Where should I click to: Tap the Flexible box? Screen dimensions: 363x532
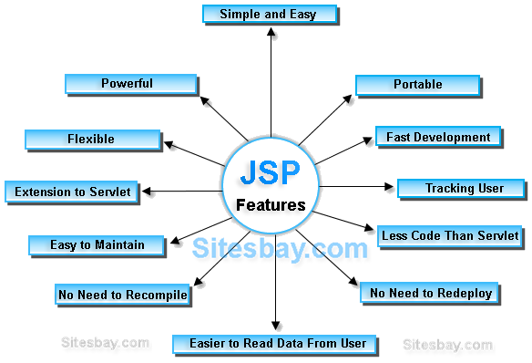click(x=91, y=140)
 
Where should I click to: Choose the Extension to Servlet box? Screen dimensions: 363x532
click(x=71, y=192)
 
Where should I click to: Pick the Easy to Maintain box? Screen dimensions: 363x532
click(x=96, y=244)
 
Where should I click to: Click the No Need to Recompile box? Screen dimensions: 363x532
click(x=122, y=295)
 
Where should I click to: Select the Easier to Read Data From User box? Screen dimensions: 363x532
click(x=271, y=344)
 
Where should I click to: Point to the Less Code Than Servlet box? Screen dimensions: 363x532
click(x=449, y=235)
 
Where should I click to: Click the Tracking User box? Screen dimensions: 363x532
click(x=462, y=189)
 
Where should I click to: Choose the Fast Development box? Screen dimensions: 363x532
click(x=437, y=138)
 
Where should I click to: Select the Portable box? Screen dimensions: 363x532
click(x=416, y=85)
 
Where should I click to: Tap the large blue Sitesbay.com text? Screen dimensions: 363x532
click(x=280, y=247)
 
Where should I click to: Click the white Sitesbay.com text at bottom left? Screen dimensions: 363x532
click(x=105, y=343)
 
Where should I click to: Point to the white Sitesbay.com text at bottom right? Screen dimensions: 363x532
click(x=447, y=345)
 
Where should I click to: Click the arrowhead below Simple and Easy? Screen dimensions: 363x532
click(x=271, y=36)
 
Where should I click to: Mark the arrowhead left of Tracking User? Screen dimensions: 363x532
click(x=390, y=189)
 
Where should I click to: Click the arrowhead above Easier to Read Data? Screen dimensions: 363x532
click(x=277, y=326)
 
